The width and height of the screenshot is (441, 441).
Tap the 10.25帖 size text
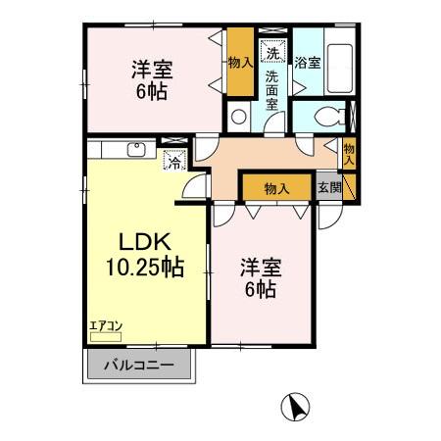(143, 267)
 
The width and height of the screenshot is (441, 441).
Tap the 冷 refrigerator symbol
(173, 164)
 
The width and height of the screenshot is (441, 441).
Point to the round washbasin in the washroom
(239, 116)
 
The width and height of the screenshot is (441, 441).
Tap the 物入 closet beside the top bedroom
(239, 62)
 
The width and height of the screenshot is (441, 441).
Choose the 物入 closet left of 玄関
(276, 188)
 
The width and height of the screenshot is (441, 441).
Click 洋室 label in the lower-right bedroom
(260, 265)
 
